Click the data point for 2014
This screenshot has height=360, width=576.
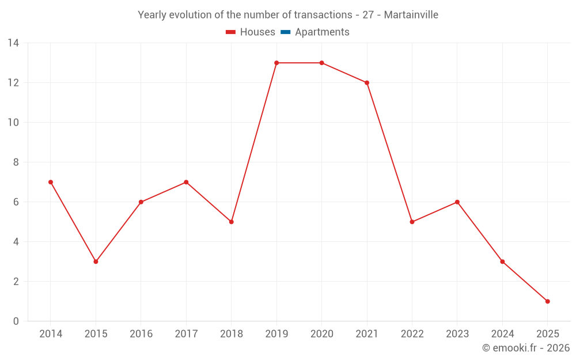pyautogui.click(x=51, y=182)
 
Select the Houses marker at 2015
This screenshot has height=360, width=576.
pyautogui.click(x=96, y=262)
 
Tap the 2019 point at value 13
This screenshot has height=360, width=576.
pyautogui.click(x=276, y=63)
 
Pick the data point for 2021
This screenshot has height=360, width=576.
pyautogui.click(x=367, y=83)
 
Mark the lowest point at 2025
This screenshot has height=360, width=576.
pyautogui.click(x=547, y=301)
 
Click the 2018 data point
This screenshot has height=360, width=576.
pyautogui.click(x=232, y=222)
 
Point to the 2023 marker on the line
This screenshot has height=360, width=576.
pyautogui.click(x=457, y=202)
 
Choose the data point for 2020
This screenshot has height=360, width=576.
pyautogui.click(x=321, y=63)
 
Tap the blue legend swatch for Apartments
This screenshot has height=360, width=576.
pyautogui.click(x=285, y=32)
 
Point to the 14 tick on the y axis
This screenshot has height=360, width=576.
pyautogui.click(x=13, y=43)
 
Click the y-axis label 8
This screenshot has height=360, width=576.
pyautogui.click(x=16, y=162)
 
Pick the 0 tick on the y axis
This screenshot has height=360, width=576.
pyautogui.click(x=16, y=321)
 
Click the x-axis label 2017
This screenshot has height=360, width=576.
pyautogui.click(x=186, y=334)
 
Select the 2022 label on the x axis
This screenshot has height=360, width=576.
pyautogui.click(x=412, y=334)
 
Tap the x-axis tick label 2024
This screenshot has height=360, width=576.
pyautogui.click(x=502, y=334)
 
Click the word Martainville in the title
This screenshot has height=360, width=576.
pyautogui.click(x=411, y=15)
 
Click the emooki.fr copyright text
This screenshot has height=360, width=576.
pyautogui.click(x=525, y=348)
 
